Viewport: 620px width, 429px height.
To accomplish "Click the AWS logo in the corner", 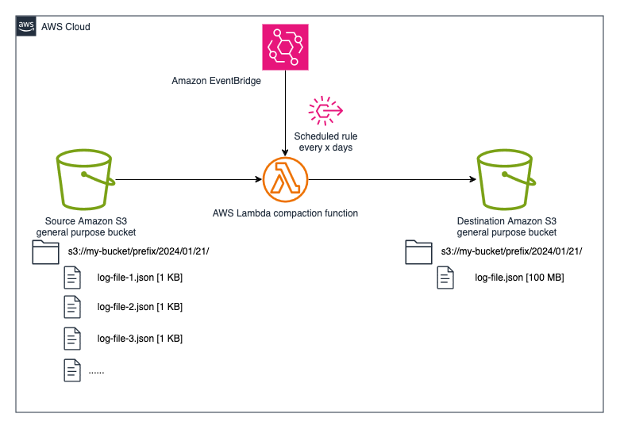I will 26,26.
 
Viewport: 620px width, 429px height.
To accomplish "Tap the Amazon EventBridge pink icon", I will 284,46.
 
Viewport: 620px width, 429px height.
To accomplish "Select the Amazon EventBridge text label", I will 217,81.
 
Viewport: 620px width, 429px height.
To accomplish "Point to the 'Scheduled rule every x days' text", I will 325,142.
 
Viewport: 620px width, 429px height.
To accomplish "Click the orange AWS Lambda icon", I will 285,180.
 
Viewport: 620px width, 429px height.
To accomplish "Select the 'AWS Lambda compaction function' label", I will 285,213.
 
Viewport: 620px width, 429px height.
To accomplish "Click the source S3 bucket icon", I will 85,180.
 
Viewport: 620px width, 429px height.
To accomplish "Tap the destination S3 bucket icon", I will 506,180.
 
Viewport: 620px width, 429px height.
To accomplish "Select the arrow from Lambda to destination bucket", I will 389,180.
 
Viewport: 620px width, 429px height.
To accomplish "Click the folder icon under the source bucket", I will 45,252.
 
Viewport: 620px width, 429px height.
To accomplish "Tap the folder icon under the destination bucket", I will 418,252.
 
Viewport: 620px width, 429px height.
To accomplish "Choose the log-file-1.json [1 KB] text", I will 140,278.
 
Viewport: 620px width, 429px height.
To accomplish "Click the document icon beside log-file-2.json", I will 72,307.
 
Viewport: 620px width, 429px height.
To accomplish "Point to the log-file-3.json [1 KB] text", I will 140,339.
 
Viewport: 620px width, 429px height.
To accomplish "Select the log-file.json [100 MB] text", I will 518,278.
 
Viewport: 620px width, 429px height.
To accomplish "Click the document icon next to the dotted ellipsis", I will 72,370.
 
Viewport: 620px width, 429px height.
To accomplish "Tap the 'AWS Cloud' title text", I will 66,27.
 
